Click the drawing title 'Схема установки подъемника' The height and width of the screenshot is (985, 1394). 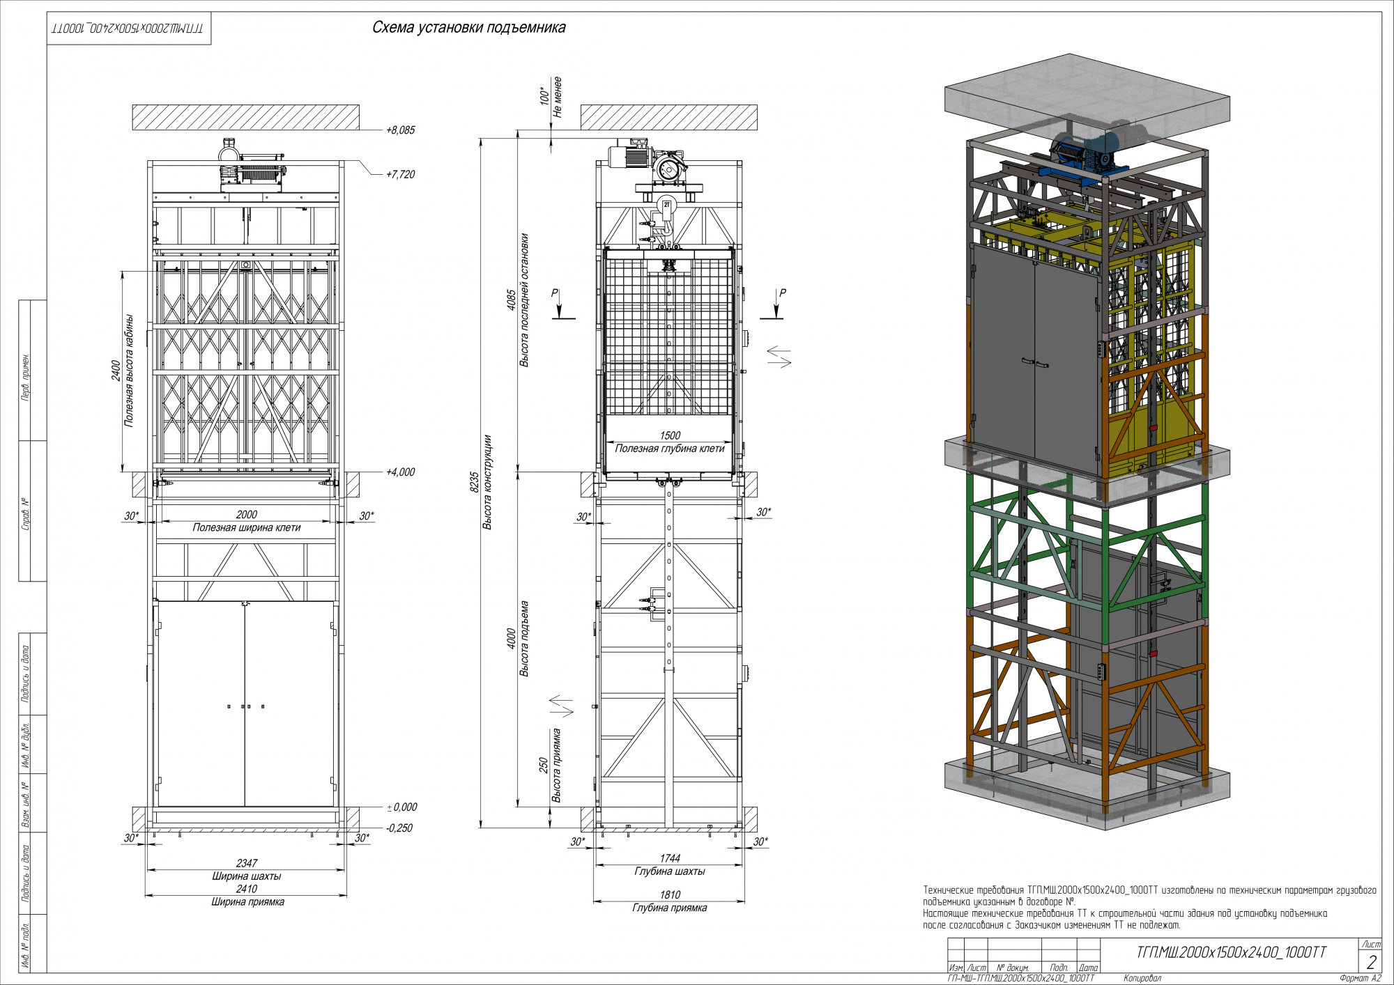point(468,28)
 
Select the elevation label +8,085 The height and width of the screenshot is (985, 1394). point(400,130)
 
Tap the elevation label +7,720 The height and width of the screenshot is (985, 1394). point(400,174)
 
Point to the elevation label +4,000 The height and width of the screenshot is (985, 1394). point(400,472)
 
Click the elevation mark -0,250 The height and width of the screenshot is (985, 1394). point(399,828)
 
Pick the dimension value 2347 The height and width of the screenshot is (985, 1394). point(247,863)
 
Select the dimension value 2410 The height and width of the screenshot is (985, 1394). point(247,889)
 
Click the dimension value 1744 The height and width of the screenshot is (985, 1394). point(670,859)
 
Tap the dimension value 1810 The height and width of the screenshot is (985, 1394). point(670,895)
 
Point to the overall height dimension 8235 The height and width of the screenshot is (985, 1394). point(474,482)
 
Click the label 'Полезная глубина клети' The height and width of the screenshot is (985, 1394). point(670,449)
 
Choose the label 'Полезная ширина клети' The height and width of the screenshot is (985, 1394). point(247,528)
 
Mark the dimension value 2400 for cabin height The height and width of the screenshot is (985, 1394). point(116,371)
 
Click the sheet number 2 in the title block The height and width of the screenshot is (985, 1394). point(1371,962)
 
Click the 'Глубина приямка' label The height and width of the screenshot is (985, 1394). point(670,908)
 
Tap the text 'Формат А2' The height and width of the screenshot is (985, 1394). point(1360,979)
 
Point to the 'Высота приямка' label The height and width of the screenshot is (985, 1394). point(557,766)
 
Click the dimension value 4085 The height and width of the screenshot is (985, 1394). point(511,300)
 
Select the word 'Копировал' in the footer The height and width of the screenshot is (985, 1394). point(1142,979)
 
